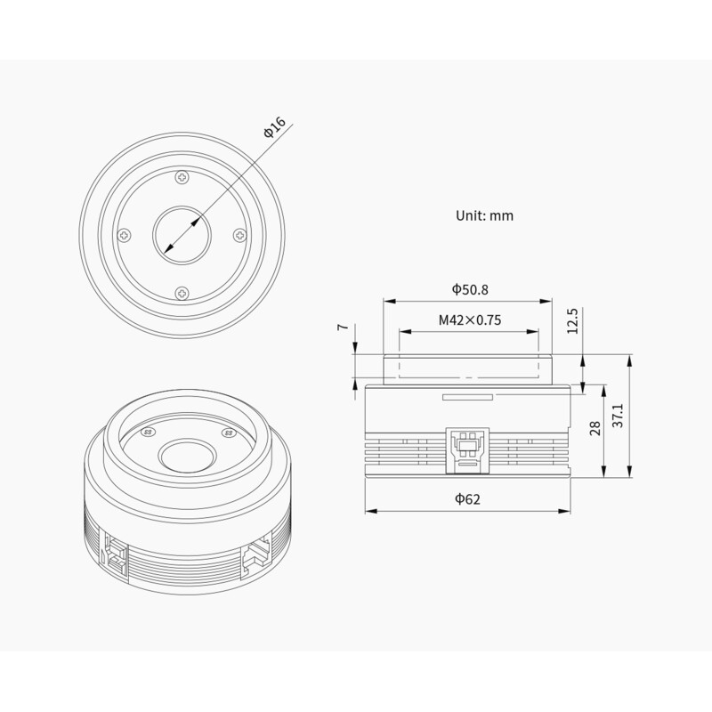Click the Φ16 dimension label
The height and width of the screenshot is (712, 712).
click(273, 127)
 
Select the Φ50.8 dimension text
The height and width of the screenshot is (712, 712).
click(469, 289)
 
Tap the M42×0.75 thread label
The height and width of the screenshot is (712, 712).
click(469, 320)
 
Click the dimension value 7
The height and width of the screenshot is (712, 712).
click(342, 328)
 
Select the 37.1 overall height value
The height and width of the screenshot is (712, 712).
click(618, 415)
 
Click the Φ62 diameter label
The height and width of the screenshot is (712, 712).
click(467, 499)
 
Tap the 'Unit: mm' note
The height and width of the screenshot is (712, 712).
click(484, 215)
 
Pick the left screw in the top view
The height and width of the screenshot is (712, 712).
click(125, 235)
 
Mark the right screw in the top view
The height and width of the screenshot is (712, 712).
click(239, 235)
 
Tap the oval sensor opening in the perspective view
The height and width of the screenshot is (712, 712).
click(184, 457)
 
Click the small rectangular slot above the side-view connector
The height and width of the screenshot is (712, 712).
click(466, 398)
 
